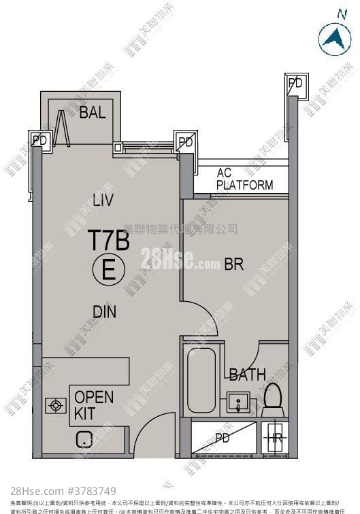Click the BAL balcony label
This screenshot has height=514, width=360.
tap(92, 113)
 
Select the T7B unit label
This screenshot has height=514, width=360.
tap(108, 240)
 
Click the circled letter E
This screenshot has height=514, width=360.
tap(108, 270)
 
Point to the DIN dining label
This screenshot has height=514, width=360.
tap(104, 312)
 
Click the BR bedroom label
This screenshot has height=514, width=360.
tap(233, 264)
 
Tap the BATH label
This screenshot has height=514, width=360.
tap(247, 374)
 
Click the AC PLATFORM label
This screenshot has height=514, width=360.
tap(244, 179)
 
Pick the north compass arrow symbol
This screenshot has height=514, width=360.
tap(333, 37)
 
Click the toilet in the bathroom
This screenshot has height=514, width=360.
tap(274, 399)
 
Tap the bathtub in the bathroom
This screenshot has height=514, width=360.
tap(201, 381)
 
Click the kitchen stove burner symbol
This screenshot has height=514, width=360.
tap(54, 406)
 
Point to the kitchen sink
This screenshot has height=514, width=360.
tap(85, 440)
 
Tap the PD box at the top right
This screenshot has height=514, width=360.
tap(295, 83)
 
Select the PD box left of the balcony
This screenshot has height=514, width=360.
tap(40, 141)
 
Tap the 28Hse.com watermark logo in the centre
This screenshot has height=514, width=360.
tap(180, 258)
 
